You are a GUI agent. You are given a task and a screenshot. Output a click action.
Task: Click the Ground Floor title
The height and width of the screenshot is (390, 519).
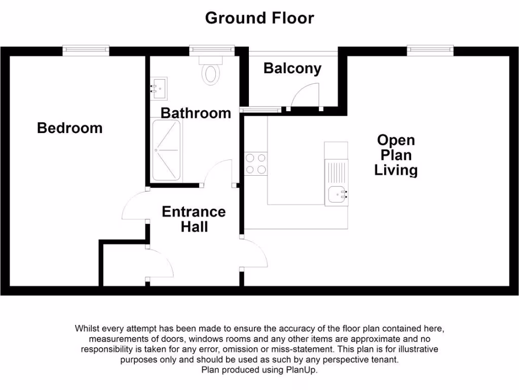(x=259, y=18)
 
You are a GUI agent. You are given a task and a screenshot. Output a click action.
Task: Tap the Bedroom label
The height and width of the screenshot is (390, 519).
(x=69, y=128)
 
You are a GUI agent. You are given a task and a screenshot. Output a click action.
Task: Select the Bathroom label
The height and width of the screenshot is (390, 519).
(x=196, y=113)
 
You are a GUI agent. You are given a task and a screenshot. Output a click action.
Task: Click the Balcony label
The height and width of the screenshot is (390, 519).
(x=292, y=69)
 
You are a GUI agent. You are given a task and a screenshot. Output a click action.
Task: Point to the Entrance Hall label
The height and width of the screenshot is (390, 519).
(x=194, y=219)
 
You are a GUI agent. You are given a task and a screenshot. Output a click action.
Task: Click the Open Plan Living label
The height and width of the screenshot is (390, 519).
(x=396, y=155)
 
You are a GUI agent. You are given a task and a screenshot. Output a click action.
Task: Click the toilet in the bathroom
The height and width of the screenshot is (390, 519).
(x=211, y=72)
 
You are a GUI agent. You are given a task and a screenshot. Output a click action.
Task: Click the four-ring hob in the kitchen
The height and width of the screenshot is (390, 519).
(x=255, y=164)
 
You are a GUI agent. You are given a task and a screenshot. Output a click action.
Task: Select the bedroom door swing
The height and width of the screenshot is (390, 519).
(x=134, y=205)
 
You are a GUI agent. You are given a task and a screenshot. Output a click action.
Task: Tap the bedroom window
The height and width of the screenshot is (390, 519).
(x=86, y=50)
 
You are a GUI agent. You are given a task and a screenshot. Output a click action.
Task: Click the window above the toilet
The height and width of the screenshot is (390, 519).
(x=212, y=50)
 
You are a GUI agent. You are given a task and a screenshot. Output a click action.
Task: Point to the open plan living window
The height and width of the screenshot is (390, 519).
(x=430, y=50)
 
